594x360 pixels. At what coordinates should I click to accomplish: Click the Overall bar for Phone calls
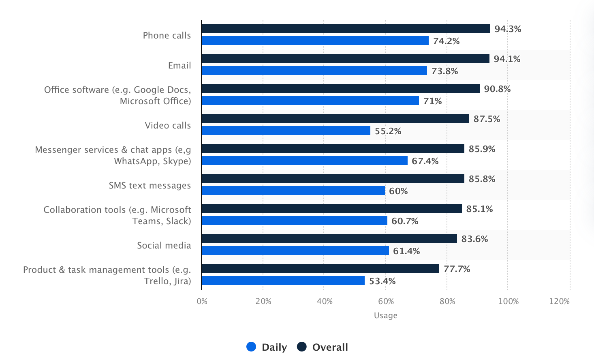coord(346,28)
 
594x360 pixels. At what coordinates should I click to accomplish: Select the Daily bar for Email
coord(314,71)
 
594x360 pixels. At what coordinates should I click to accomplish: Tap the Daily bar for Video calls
coord(286,131)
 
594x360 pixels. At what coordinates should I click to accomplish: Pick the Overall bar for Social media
coord(329,238)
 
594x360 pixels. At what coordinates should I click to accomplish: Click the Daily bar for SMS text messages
coord(293,191)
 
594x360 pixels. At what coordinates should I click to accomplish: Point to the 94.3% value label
coord(508,29)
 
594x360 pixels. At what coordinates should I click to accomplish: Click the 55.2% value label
coord(388,131)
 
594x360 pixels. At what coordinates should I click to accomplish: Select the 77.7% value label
coord(457,269)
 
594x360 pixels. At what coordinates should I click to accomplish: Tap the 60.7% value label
coord(405,221)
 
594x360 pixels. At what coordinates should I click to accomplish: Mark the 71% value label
coord(432,101)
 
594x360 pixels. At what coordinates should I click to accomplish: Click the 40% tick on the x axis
coord(325,301)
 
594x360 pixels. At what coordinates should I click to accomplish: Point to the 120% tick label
coord(559,301)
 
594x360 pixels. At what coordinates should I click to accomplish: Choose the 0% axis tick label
coord(202,301)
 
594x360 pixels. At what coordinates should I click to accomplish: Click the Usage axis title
coord(385,315)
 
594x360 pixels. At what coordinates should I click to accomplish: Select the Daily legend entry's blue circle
coord(251,347)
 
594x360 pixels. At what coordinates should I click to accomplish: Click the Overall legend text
coord(330,347)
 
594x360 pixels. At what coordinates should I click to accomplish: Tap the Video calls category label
coord(168,125)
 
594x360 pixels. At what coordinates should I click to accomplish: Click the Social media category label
coord(164,245)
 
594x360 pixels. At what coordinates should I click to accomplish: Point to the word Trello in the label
coord(156,281)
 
